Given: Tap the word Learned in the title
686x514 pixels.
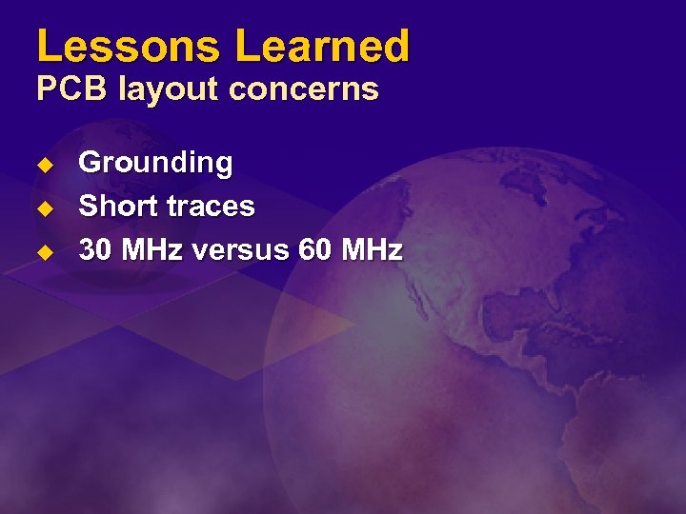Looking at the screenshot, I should [x=322, y=46].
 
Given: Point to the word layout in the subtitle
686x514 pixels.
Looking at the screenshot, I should [x=169, y=89].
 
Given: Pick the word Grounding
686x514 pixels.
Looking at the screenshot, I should [x=155, y=163].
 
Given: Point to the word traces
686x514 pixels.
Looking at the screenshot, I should [x=210, y=207].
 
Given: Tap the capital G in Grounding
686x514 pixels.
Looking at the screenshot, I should [x=90, y=163].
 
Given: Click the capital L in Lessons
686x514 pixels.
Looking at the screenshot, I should [x=49, y=46].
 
